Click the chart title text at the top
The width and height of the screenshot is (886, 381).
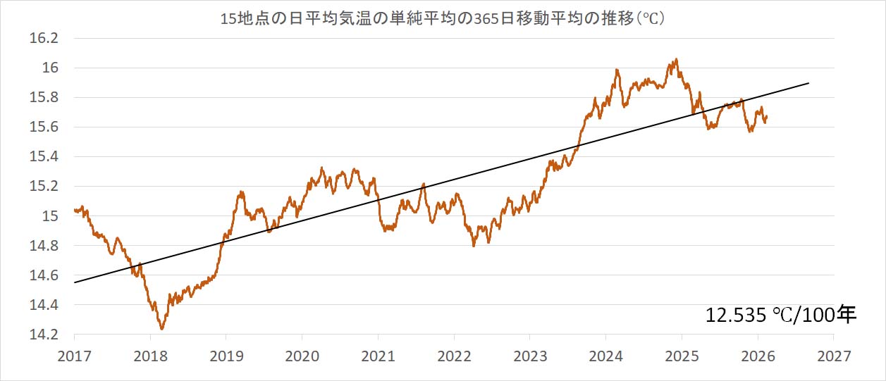(x=443, y=19)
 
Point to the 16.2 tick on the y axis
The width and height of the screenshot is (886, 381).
(x=44, y=38)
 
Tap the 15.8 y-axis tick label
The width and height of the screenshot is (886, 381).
(x=44, y=98)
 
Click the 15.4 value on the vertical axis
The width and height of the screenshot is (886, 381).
(x=44, y=157)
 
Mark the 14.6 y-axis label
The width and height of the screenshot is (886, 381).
(x=44, y=275)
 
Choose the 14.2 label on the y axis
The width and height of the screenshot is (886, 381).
(x=44, y=335)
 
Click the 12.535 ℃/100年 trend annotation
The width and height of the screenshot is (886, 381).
(x=780, y=315)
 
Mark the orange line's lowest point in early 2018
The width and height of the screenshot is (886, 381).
(x=162, y=329)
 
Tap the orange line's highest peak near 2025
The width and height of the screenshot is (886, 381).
(x=677, y=59)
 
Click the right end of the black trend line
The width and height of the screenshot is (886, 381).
(x=808, y=83)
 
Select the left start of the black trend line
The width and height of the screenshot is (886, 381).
(x=74, y=282)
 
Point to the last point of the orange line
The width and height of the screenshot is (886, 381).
(x=767, y=117)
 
